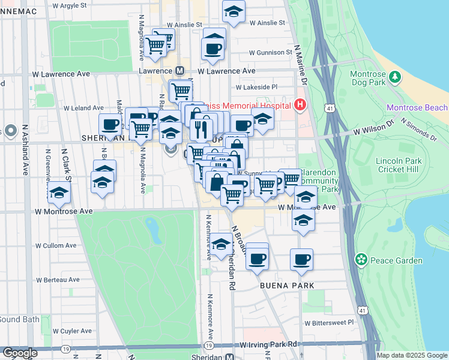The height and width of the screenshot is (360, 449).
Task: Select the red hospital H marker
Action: point(301,106)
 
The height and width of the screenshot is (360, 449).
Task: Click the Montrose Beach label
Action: point(417,107)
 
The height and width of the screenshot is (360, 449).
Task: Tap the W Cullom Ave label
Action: point(56,245)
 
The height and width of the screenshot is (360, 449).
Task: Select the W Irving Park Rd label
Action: point(268,345)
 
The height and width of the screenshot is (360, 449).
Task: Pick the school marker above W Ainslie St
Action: point(234,12)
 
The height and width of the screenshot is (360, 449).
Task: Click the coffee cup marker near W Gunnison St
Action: point(214,47)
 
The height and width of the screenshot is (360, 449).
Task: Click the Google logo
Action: point(19,353)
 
